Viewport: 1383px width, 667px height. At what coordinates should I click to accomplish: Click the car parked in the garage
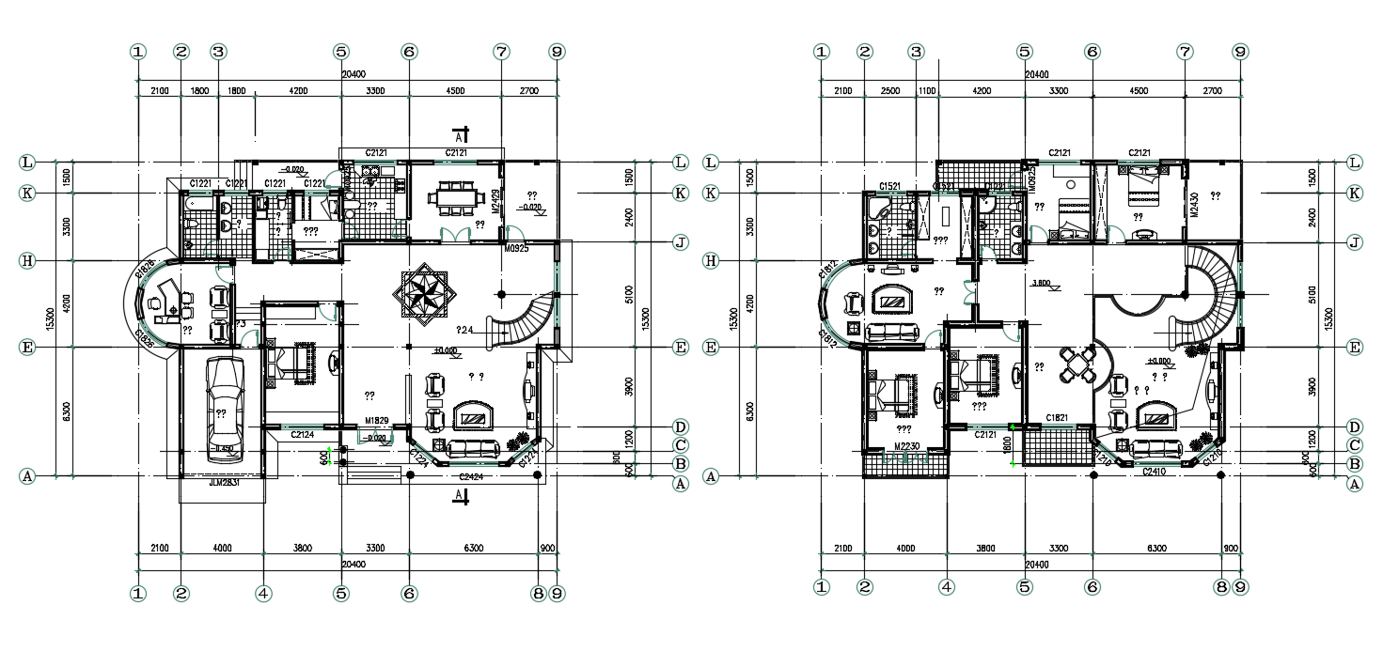[223, 408]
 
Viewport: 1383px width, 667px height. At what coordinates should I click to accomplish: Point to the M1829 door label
[378, 420]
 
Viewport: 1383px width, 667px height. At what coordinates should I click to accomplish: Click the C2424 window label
[471, 477]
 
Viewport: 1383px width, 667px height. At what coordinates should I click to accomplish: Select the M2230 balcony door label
[906, 445]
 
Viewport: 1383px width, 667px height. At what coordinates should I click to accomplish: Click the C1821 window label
[1059, 417]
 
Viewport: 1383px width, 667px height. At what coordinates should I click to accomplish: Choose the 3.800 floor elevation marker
[1041, 283]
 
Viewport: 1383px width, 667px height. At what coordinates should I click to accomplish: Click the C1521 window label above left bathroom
[891, 186]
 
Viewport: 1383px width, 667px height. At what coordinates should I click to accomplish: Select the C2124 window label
[302, 435]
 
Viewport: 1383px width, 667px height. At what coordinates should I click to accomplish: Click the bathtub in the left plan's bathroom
[198, 203]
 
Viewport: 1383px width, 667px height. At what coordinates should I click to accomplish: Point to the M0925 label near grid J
[517, 249]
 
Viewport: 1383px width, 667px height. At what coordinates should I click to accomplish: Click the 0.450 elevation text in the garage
[225, 448]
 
